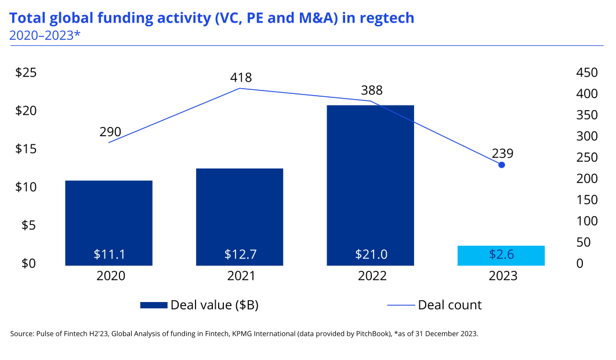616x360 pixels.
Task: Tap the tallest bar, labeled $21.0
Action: coord(370,174)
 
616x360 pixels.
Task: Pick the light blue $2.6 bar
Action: coord(501,255)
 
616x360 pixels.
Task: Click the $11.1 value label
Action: coord(109,254)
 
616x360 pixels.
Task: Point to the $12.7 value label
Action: coord(240,254)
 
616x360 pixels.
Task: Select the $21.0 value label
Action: coord(371,254)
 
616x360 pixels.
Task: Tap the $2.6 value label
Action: coord(501,254)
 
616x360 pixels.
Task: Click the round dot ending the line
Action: coord(502,165)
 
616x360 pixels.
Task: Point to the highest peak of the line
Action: coord(240,89)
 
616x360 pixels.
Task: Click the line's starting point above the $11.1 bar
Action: coord(108,142)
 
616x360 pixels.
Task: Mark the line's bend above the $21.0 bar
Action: coord(370,101)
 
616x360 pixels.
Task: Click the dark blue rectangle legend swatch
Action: coord(154,305)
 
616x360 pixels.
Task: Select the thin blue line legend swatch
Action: coord(401,305)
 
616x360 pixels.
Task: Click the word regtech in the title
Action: coord(387,18)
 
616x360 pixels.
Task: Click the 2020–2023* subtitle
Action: coord(44,35)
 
